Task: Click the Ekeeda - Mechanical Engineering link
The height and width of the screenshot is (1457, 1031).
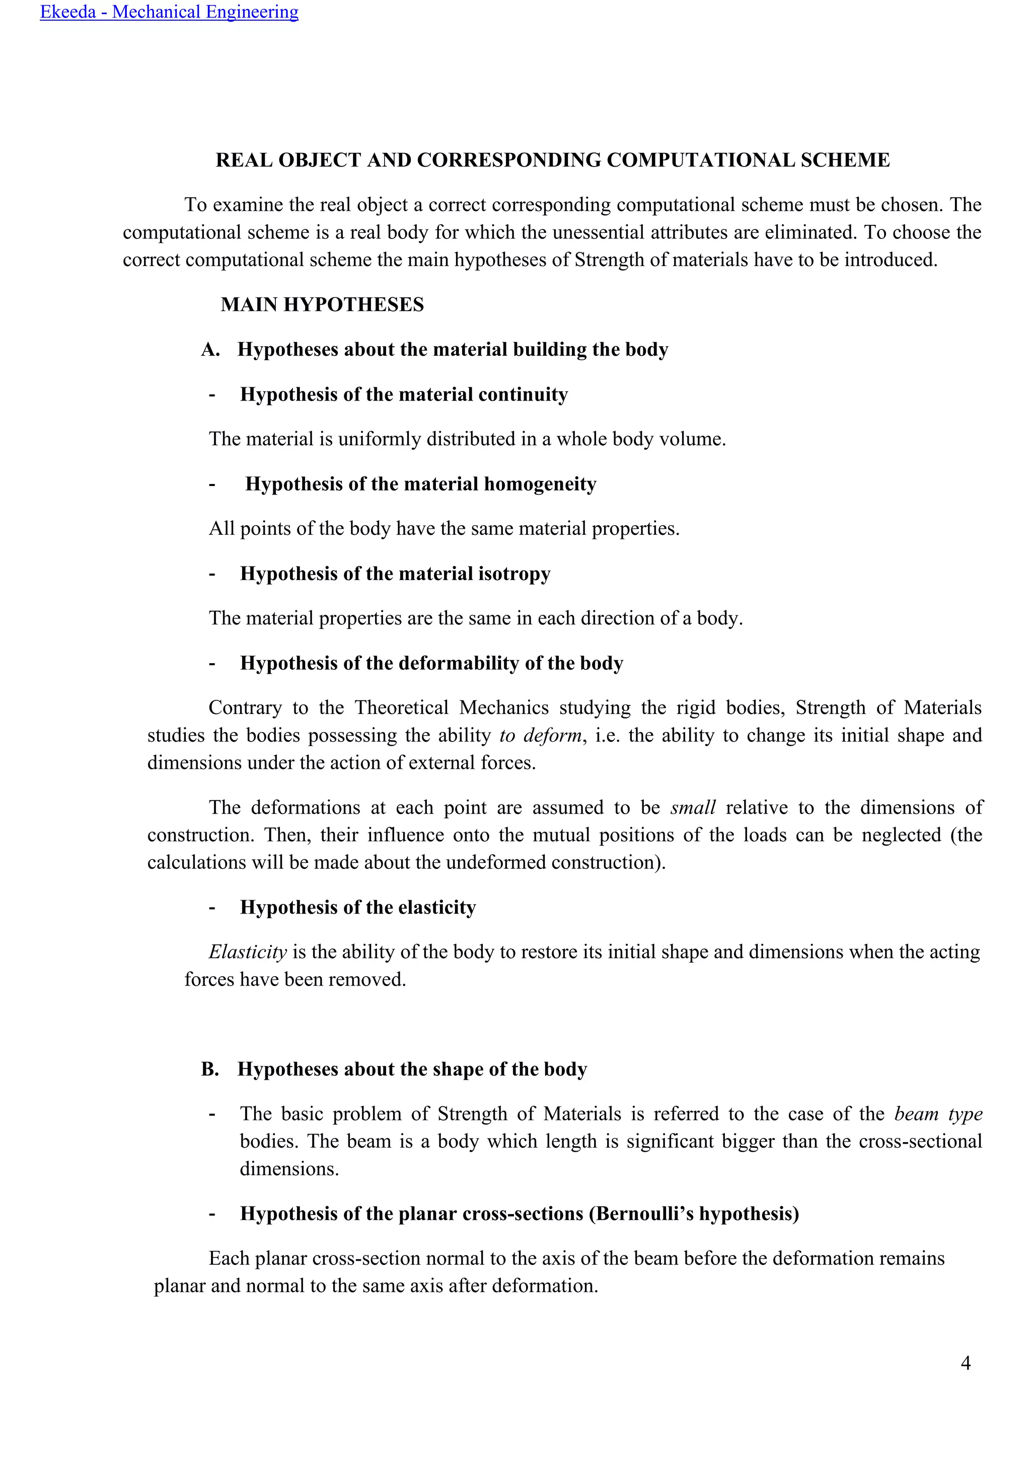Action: (x=169, y=12)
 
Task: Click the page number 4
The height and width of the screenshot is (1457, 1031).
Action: (x=966, y=1362)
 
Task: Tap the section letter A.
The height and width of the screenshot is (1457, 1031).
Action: (x=209, y=350)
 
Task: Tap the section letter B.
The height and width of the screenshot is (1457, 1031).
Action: (x=209, y=1069)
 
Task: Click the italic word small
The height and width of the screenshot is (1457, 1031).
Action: (x=693, y=808)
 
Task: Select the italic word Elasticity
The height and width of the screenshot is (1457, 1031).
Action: (x=248, y=952)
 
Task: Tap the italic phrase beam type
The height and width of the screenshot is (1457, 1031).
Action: (x=938, y=1114)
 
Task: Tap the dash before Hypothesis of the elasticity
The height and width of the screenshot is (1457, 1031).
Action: (x=212, y=908)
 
